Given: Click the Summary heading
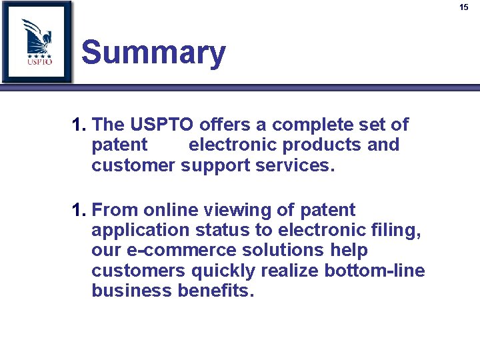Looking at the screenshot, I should (153, 53).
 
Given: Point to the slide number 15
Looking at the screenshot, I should (464, 7).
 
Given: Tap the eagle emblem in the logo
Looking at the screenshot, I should (39, 36).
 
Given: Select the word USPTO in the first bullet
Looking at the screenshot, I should (161, 125).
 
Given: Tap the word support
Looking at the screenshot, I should (215, 165).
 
